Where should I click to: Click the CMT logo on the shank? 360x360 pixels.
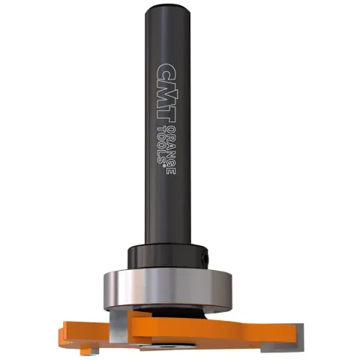coord(166,94)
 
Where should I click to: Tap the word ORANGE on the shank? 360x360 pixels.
coord(171,151)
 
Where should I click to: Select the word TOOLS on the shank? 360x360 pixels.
coord(161,145)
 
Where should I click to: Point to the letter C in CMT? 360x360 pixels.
coord(166,72)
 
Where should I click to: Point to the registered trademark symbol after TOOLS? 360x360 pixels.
coord(164,166)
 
